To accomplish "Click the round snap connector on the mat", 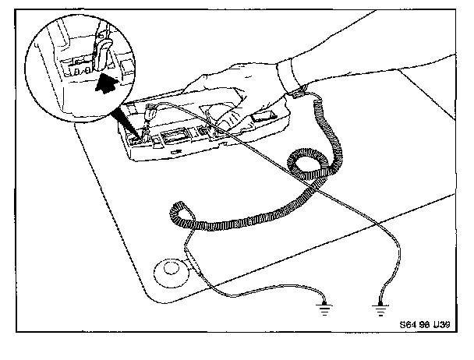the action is pyautogui.click(x=171, y=270).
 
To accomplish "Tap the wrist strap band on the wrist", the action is pyautogui.click(x=295, y=82).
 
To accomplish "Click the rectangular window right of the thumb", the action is pyautogui.click(x=264, y=118).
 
